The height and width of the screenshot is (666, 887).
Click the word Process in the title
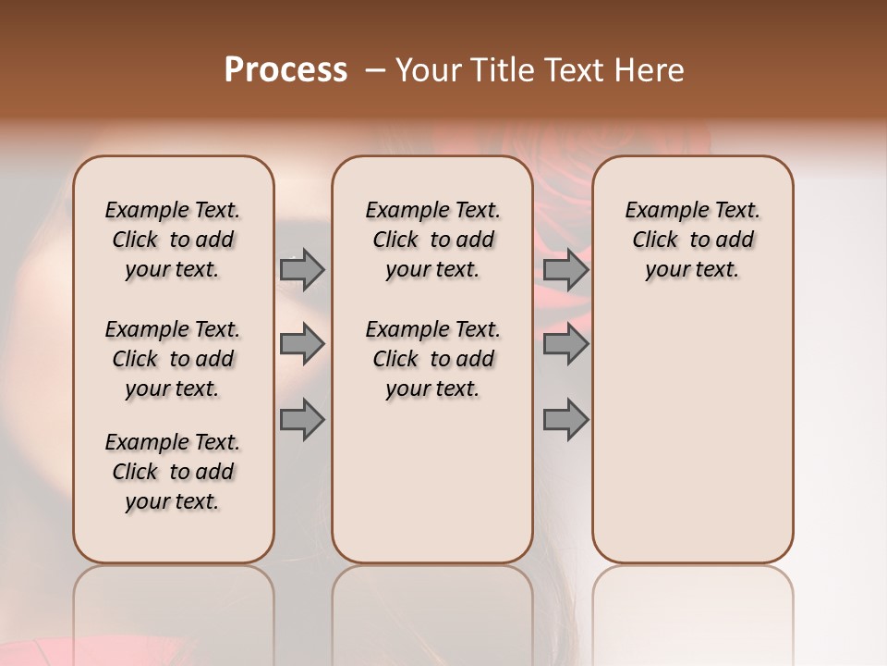click(x=286, y=69)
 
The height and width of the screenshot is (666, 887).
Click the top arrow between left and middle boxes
click(x=302, y=269)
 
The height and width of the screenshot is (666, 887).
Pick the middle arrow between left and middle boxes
click(x=302, y=345)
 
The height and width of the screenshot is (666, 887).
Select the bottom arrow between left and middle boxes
click(x=302, y=421)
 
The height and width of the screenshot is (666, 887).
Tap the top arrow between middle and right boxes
click(x=565, y=269)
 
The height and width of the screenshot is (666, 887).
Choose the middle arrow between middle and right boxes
click(x=565, y=345)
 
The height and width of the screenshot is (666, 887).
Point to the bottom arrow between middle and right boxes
click(x=565, y=421)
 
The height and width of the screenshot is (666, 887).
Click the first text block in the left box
click(x=173, y=240)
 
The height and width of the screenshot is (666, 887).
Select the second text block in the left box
click(x=173, y=359)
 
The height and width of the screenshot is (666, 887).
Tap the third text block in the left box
click(x=173, y=472)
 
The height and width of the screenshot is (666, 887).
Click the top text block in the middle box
click(x=432, y=240)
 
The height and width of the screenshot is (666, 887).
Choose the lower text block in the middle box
click(x=432, y=359)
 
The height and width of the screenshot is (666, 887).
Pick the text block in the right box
click(x=692, y=240)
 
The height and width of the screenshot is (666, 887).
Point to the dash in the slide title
click(x=374, y=69)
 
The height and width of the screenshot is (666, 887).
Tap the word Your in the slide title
click(x=429, y=69)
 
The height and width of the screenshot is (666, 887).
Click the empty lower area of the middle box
click(x=432, y=481)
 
